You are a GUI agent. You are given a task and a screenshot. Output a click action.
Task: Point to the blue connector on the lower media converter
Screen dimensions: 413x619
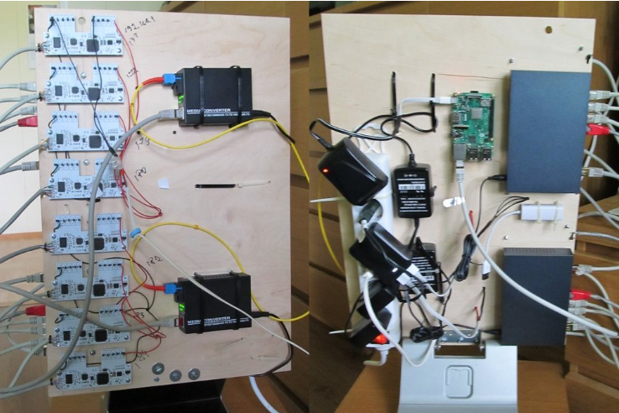tap(169, 288)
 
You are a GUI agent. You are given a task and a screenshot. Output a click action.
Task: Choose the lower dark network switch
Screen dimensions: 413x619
tap(538, 295)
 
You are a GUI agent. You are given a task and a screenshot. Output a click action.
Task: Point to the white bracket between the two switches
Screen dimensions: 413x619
tap(539, 212)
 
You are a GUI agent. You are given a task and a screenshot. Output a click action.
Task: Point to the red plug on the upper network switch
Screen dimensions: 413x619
tap(596, 130)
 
